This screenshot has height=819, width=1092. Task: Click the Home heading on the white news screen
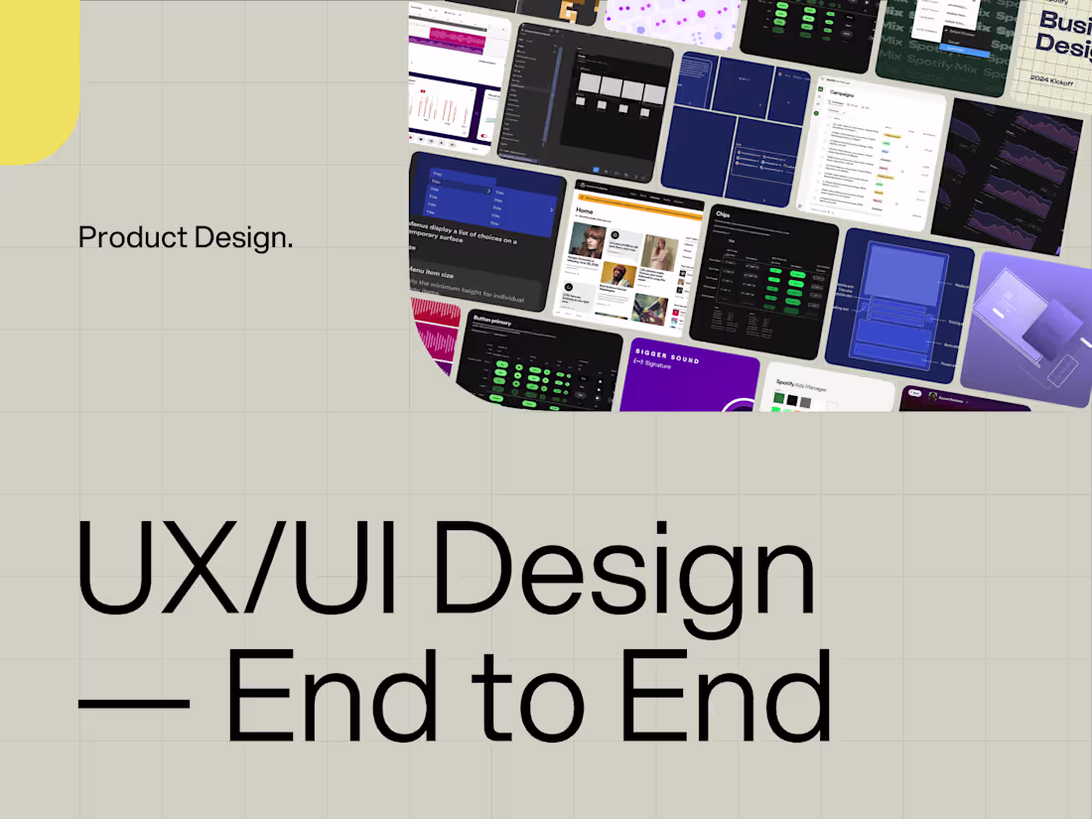(x=585, y=210)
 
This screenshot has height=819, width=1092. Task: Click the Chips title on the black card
(x=724, y=213)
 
